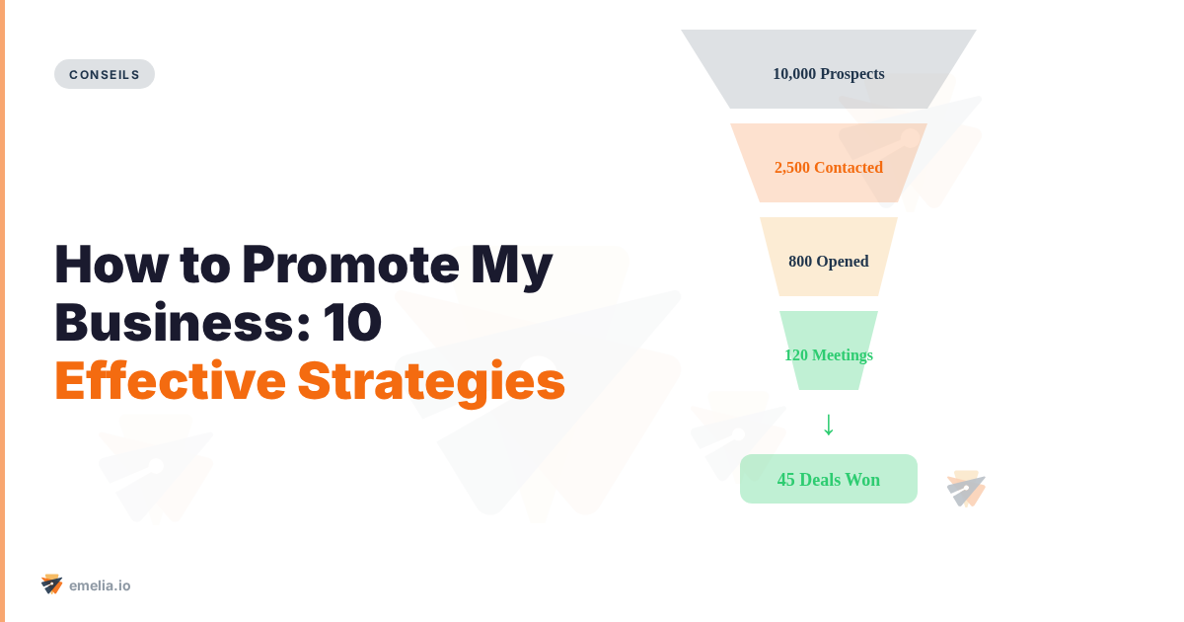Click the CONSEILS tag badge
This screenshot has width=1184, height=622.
point(105,74)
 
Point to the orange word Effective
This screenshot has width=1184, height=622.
point(169,381)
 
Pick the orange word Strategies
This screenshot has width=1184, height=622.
point(431,381)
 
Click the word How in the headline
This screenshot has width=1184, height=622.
point(110,265)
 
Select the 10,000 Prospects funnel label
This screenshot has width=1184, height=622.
point(829,73)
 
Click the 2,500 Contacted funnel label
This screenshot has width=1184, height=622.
point(829,167)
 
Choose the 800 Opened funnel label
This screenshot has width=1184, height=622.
point(829,261)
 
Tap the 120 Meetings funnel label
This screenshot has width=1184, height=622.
point(829,354)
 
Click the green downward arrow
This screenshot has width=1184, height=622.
point(829,424)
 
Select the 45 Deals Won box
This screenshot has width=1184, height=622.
point(829,479)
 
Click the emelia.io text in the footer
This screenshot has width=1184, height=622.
point(100,585)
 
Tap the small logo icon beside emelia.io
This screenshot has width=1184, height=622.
point(52,584)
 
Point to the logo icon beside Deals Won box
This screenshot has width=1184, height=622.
point(966,489)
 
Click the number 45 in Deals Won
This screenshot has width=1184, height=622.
point(786,480)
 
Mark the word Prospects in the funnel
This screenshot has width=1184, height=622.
point(852,73)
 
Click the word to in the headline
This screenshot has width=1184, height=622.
point(203,265)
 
